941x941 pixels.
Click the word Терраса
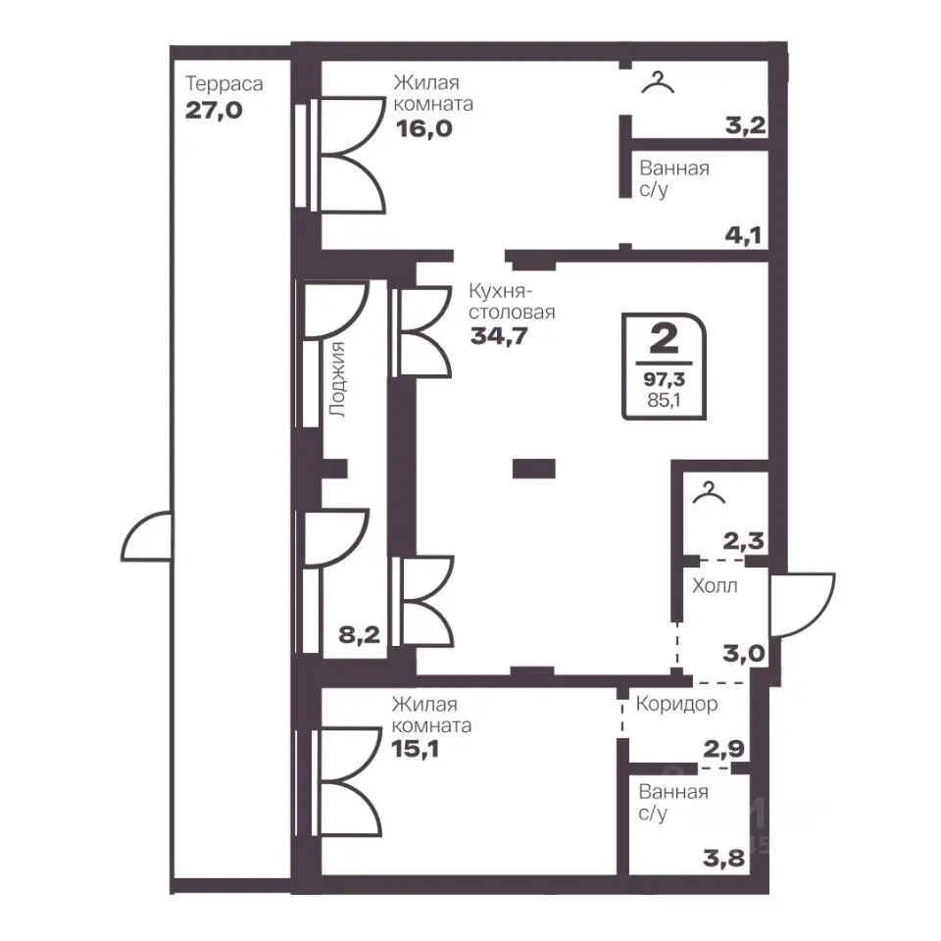pos(223,84)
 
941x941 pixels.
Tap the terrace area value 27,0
pos(214,111)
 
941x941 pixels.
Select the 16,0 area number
pos(424,128)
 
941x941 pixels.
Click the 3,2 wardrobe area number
pos(745,125)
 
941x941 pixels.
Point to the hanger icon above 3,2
pos(658,82)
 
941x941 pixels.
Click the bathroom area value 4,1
pos(744,234)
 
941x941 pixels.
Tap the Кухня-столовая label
pos(512,301)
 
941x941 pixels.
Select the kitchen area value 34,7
pos(499,336)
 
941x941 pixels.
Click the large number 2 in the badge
pos(664,340)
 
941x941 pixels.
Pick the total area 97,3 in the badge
pos(665,379)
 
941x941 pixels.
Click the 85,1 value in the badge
pos(664,400)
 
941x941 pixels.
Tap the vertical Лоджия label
pos(337,379)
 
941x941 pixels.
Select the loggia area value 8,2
pos(360,634)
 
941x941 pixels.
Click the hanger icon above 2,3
pos(709,493)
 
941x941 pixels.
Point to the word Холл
pos(715,586)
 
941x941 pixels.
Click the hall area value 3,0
pos(744,653)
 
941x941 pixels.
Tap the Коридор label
pos(677,704)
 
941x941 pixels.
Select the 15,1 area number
pos(416,749)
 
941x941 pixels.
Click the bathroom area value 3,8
pos(724,859)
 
